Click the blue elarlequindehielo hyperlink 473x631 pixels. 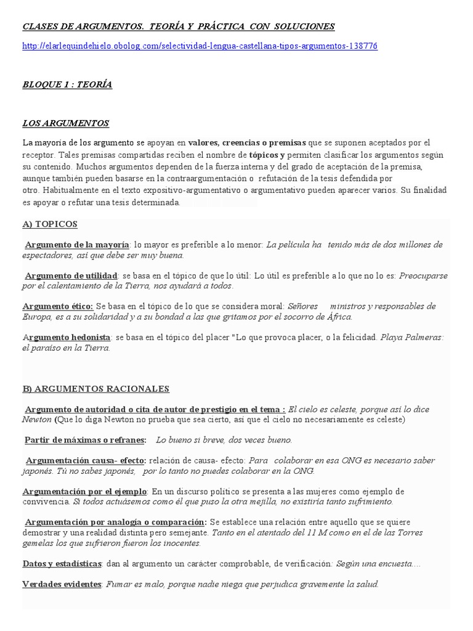tap(200, 46)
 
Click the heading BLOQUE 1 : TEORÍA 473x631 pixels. tap(67, 85)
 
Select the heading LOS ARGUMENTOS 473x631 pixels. tap(65, 123)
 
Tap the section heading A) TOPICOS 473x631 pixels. tap(50, 224)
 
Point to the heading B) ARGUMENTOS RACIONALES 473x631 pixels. tap(95, 389)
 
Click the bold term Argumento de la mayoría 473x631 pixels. tap(78, 245)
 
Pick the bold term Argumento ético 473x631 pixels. tap(58, 306)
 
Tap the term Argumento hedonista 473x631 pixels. tap(67, 337)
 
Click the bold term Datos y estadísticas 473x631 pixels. tap(62, 564)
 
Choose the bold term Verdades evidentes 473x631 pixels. tap(62, 584)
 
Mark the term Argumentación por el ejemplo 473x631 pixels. tap(84, 491)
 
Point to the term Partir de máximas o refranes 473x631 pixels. tap(86, 440)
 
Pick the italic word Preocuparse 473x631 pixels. tap(424, 275)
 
